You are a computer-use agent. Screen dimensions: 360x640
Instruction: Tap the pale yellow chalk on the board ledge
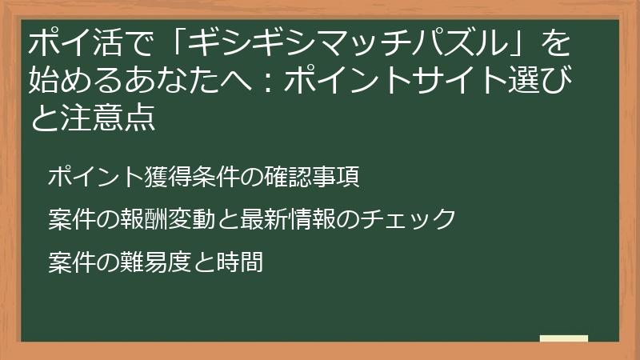point(564,338)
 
